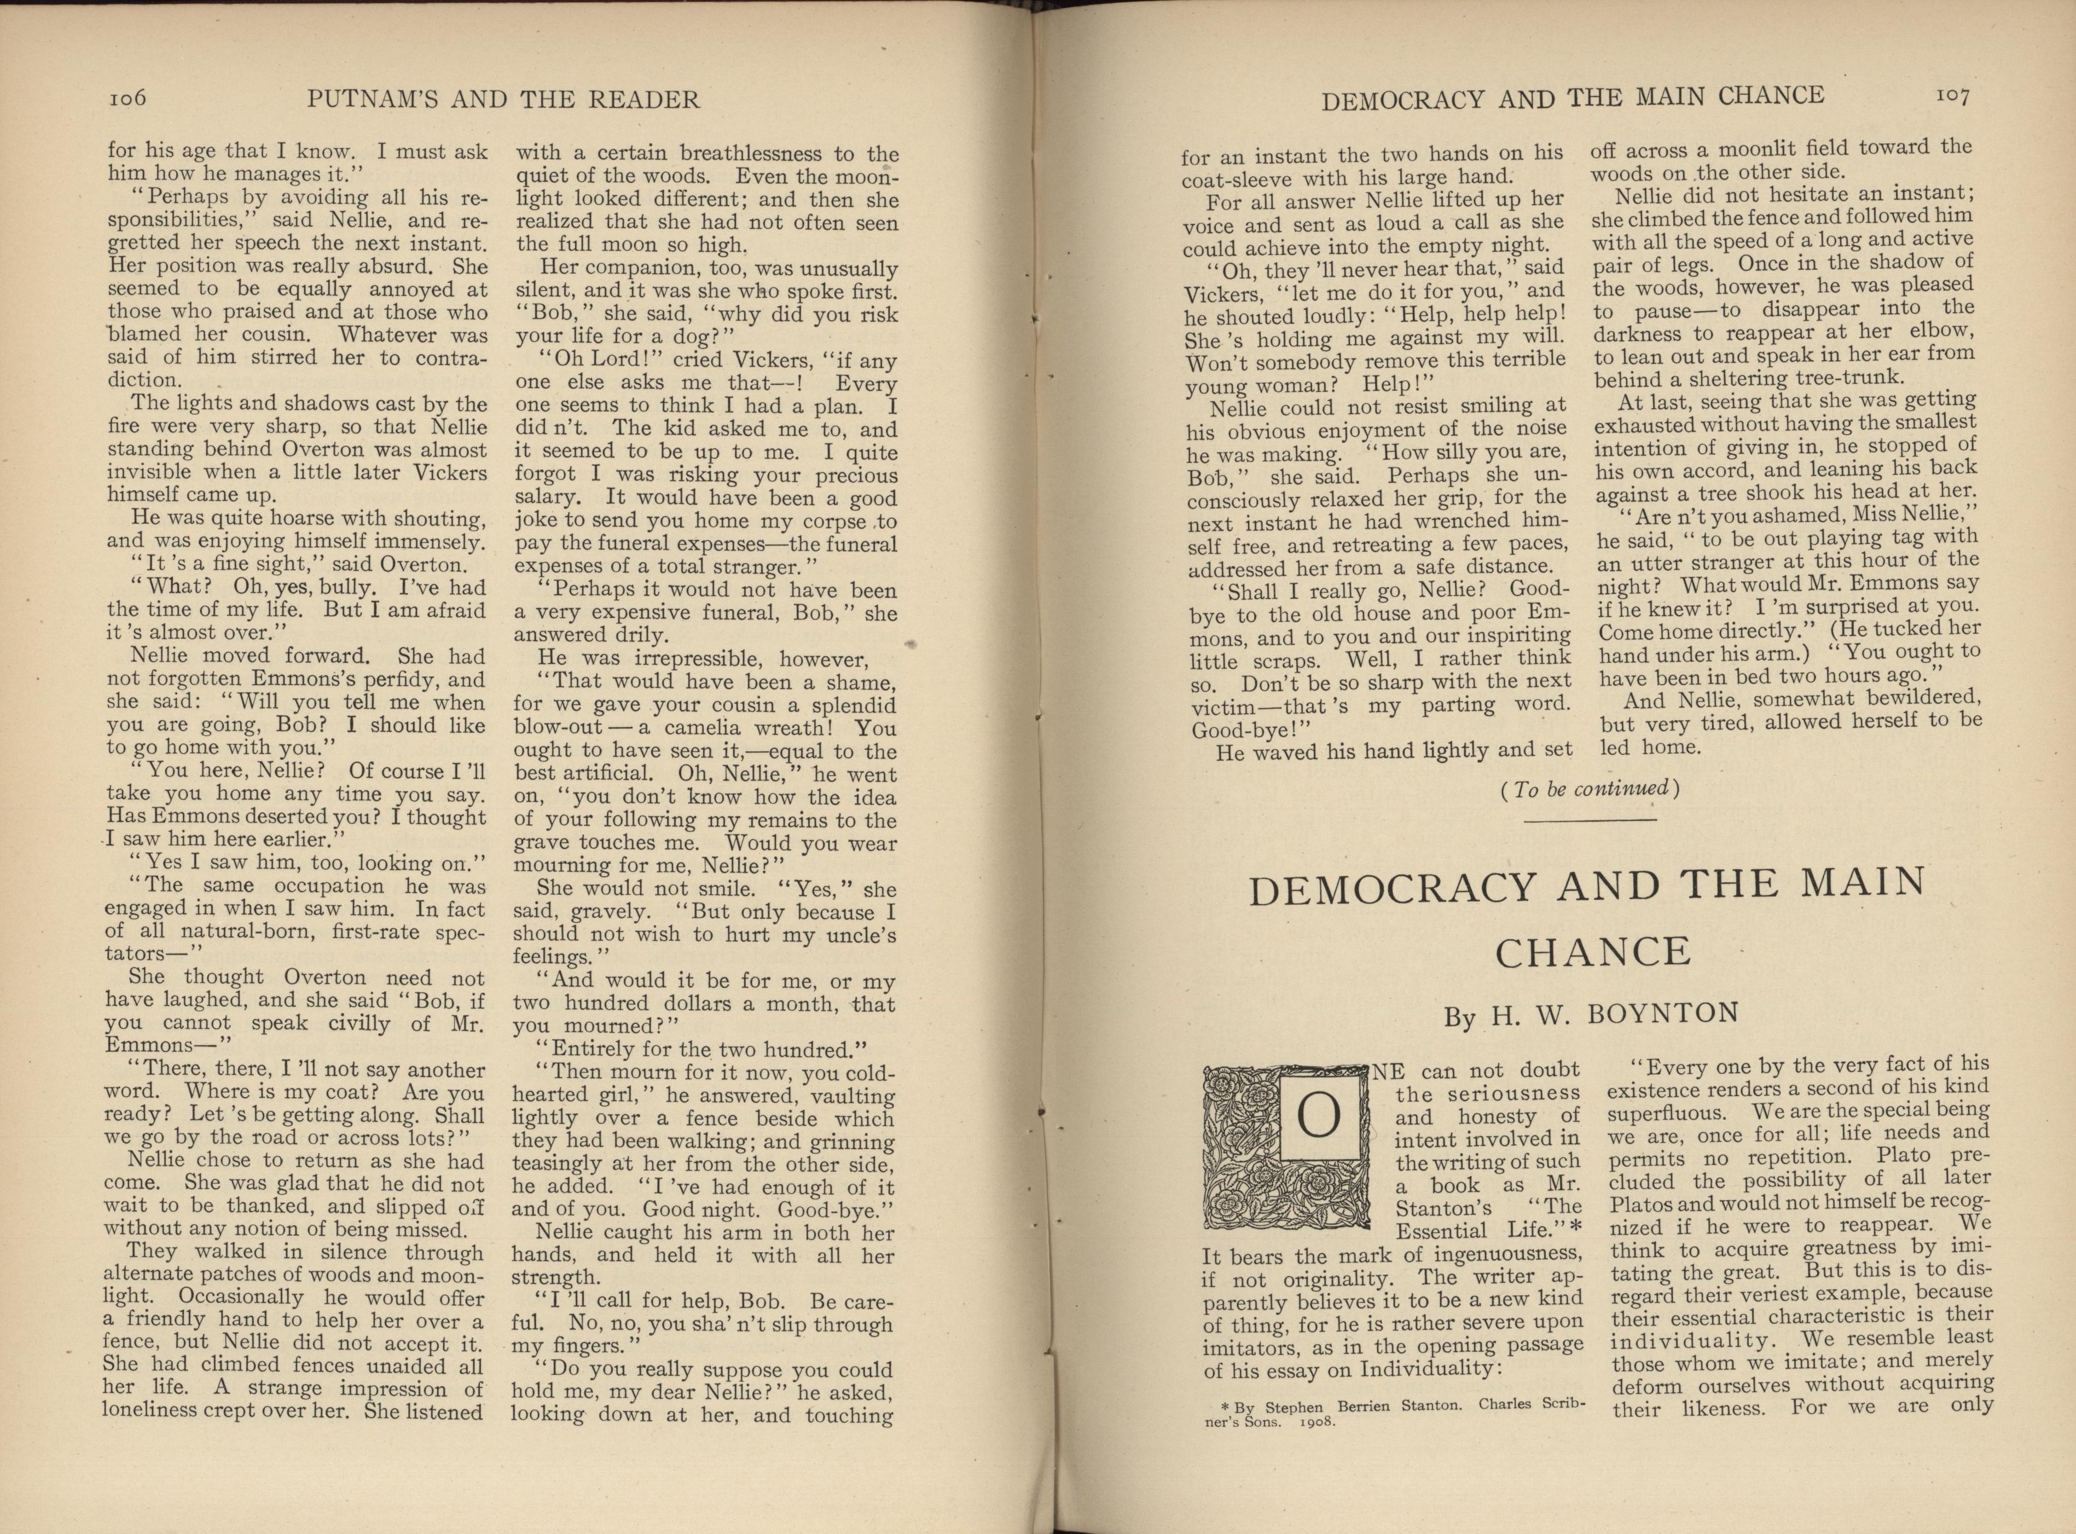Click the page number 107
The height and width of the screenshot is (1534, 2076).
(1952, 96)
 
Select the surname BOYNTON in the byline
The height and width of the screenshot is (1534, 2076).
(1662, 1013)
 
